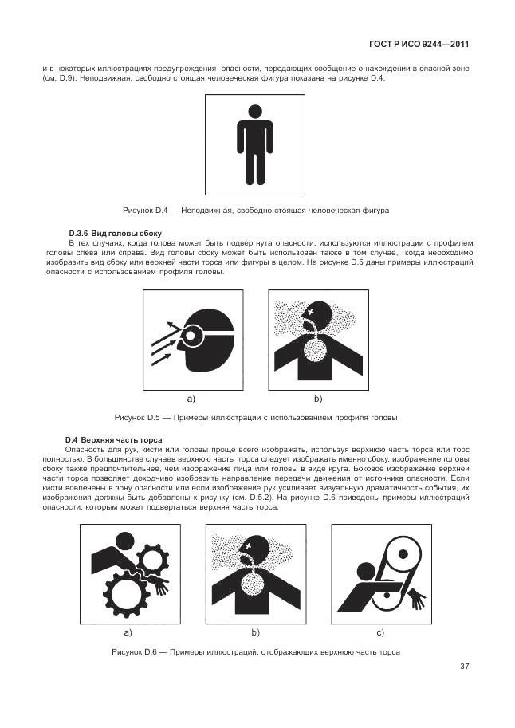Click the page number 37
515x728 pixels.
[x=465, y=667]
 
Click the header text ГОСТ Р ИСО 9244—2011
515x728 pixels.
[x=419, y=45]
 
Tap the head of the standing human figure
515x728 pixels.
[x=255, y=111]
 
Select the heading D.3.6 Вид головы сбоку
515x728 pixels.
[x=115, y=233]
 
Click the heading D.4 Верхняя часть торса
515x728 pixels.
[x=114, y=439]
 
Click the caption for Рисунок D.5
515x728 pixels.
[x=256, y=417]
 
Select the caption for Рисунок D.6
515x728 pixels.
[x=256, y=652]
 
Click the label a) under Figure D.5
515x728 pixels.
[x=191, y=399]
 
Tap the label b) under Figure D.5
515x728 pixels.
[x=318, y=399]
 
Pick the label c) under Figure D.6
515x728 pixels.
[x=380, y=632]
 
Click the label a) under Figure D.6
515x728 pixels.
[x=128, y=632]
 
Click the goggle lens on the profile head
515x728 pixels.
[x=191, y=334]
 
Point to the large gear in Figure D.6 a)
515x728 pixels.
[x=125, y=592]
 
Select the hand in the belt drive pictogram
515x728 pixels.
[x=417, y=599]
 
